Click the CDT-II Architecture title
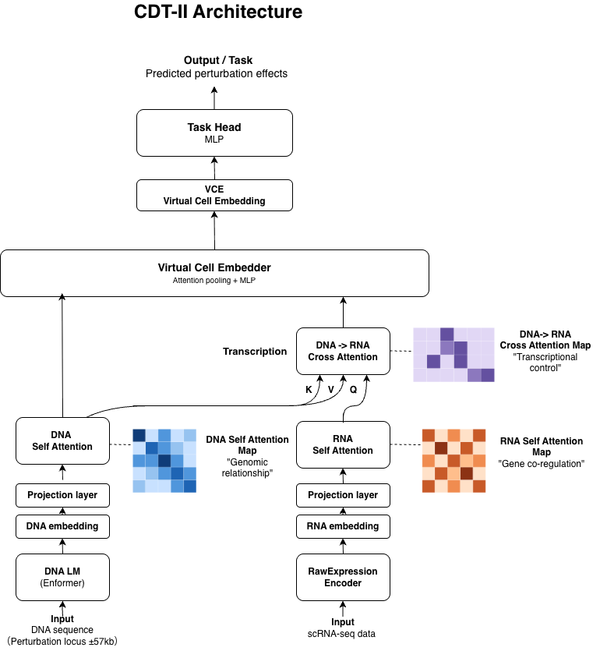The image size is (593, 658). [219, 12]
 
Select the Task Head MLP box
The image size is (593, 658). [214, 133]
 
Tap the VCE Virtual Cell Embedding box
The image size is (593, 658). [214, 195]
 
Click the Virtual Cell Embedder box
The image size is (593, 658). [214, 273]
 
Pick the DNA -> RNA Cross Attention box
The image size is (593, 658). [343, 351]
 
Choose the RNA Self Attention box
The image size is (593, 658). [343, 444]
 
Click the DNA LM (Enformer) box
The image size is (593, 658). [62, 577]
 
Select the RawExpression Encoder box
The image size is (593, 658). [343, 577]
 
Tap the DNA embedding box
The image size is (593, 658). [62, 526]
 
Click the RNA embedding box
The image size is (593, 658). [343, 526]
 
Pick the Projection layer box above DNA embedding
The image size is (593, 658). [62, 495]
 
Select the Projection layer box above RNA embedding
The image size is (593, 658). [343, 495]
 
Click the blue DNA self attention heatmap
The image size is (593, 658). [164, 460]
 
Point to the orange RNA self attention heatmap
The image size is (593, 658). [454, 460]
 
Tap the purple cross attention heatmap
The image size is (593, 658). [454, 355]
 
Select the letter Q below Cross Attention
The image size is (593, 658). [353, 388]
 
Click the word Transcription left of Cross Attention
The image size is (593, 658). [255, 352]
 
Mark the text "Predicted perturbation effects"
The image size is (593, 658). [217, 74]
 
